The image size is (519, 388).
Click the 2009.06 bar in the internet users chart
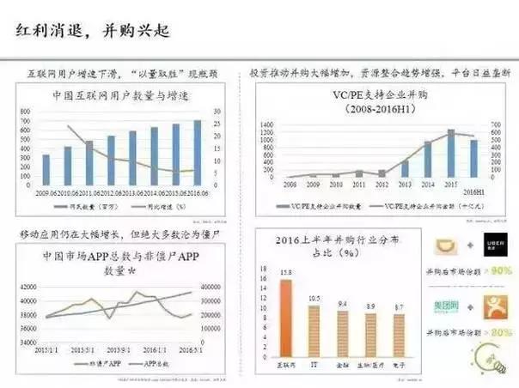click(x=46, y=170)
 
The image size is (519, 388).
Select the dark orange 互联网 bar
click(x=286, y=321)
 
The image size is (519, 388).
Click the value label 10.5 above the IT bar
click(x=314, y=298)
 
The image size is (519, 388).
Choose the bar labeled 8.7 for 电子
click(x=397, y=337)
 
